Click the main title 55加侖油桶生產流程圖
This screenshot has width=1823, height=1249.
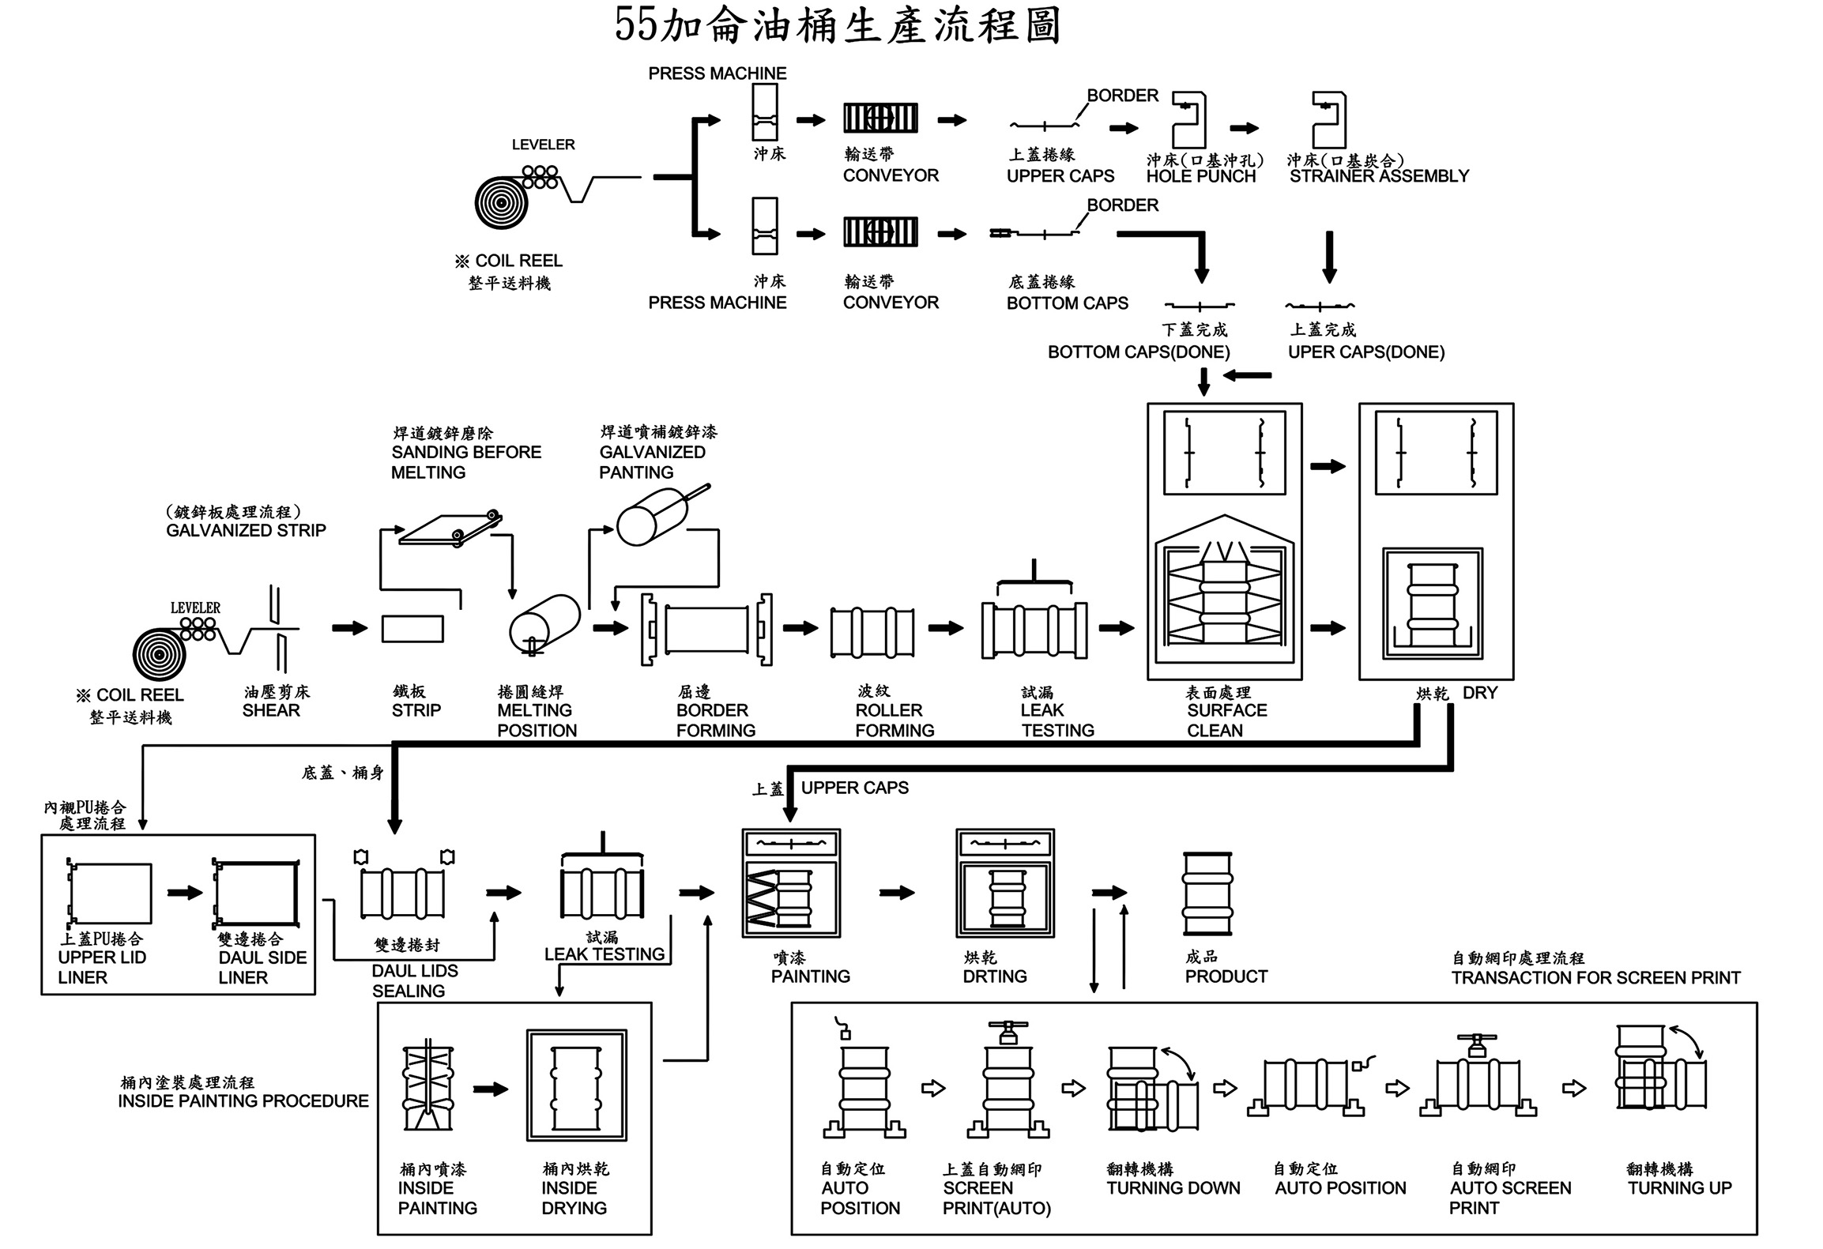pyautogui.click(x=838, y=25)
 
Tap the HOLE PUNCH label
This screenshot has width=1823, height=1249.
pyautogui.click(x=1200, y=176)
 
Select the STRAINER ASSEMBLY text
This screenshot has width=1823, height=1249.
pyautogui.click(x=1379, y=176)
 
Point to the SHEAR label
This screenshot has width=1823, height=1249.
pyautogui.click(x=271, y=710)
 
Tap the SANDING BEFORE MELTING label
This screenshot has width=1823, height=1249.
pyautogui.click(x=465, y=462)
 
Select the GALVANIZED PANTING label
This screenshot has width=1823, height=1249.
pyautogui.click(x=652, y=462)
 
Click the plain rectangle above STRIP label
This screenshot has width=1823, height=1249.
pyautogui.click(x=412, y=629)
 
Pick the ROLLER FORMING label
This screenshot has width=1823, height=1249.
pyautogui.click(x=895, y=720)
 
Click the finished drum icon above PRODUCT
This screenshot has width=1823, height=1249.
pyautogui.click(x=1207, y=893)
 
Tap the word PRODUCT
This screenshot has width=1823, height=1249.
pyautogui.click(x=1226, y=976)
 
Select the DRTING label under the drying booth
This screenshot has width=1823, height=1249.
pyautogui.click(x=994, y=976)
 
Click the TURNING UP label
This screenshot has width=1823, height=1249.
pyautogui.click(x=1679, y=1188)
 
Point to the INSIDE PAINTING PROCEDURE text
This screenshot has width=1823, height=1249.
pyautogui.click(x=243, y=1101)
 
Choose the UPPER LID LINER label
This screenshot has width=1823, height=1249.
pyautogui.click(x=101, y=967)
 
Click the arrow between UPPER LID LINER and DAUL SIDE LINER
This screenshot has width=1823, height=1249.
pyautogui.click(x=185, y=893)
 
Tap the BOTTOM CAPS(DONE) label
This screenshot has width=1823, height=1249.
pyautogui.click(x=1138, y=352)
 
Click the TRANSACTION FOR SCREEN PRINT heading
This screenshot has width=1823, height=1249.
pyautogui.click(x=1595, y=978)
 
